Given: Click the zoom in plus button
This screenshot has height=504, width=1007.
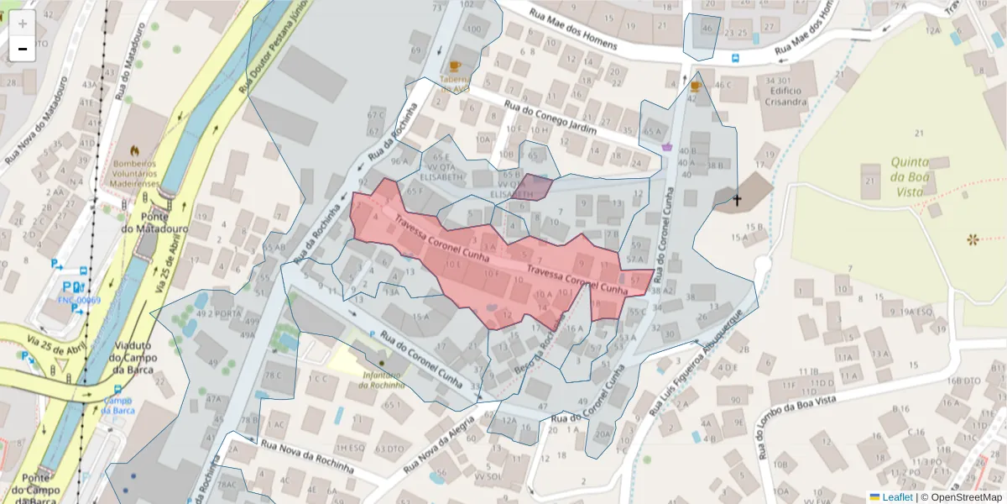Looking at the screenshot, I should coord(23,24).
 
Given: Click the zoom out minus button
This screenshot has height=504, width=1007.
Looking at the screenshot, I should coord(23,49).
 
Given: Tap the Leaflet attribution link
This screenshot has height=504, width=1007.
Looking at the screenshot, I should coord(897,497).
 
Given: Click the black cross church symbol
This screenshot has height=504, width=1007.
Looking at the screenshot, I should coord(737,200).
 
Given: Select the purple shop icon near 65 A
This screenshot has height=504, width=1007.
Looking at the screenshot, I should coord(667,146).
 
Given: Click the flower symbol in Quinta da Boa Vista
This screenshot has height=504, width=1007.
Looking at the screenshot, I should coord(973,240).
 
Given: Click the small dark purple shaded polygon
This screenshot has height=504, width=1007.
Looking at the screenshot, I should coord(532,186).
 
